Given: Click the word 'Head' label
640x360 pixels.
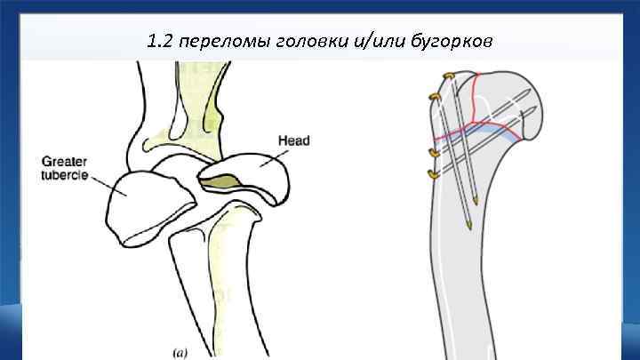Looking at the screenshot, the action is pos(293,140).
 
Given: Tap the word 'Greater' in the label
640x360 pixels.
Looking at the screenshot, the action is pos(61,162).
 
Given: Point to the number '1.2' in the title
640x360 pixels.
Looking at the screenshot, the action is pos(161,41).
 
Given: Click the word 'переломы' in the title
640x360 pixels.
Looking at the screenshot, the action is pos(217,41).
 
